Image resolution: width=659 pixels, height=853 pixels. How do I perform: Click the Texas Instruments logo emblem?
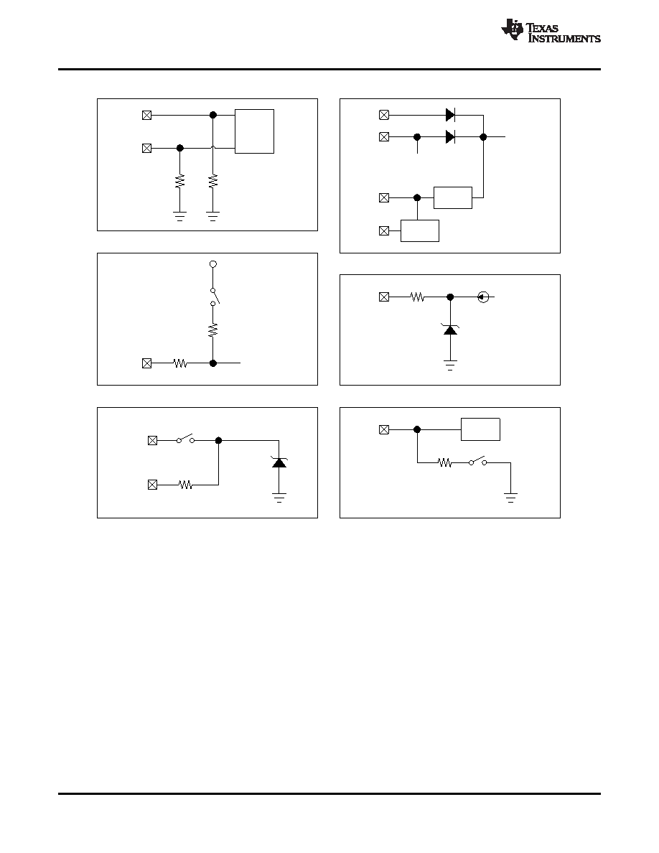pyautogui.click(x=512, y=29)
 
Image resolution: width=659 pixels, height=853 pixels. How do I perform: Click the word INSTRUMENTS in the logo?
pyautogui.click(x=564, y=39)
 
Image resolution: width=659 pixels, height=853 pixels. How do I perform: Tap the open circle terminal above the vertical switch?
pyautogui.click(x=213, y=264)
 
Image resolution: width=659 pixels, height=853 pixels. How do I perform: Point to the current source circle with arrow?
pyautogui.click(x=483, y=297)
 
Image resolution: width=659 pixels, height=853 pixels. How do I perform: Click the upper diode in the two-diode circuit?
pyautogui.click(x=450, y=115)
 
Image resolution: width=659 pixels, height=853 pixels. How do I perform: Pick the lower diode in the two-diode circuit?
pyautogui.click(x=450, y=136)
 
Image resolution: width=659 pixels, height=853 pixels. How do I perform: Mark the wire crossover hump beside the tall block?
pyautogui.click(x=213, y=147)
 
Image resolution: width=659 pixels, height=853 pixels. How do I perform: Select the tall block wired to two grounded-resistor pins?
pyautogui.click(x=254, y=131)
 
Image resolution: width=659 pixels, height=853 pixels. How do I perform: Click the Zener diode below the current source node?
pyautogui.click(x=450, y=329)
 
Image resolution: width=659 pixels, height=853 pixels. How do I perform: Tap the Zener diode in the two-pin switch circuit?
pyautogui.click(x=279, y=462)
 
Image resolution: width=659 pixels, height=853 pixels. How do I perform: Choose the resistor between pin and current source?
pyautogui.click(x=417, y=297)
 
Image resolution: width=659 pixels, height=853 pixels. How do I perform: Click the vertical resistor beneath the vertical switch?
pyautogui.click(x=213, y=329)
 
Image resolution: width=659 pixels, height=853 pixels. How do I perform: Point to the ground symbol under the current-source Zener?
pyautogui.click(x=450, y=365)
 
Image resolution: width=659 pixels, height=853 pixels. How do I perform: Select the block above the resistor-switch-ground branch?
pyautogui.click(x=481, y=429)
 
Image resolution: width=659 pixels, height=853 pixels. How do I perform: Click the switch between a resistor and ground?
pyautogui.click(x=477, y=461)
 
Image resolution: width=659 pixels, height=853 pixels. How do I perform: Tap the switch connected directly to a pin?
pyautogui.click(x=185, y=439)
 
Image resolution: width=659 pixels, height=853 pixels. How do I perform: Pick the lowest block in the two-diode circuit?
pyautogui.click(x=420, y=230)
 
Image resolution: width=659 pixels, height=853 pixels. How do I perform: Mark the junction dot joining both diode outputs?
pyautogui.click(x=483, y=136)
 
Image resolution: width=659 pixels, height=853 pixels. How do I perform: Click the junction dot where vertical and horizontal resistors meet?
pyautogui.click(x=213, y=363)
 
